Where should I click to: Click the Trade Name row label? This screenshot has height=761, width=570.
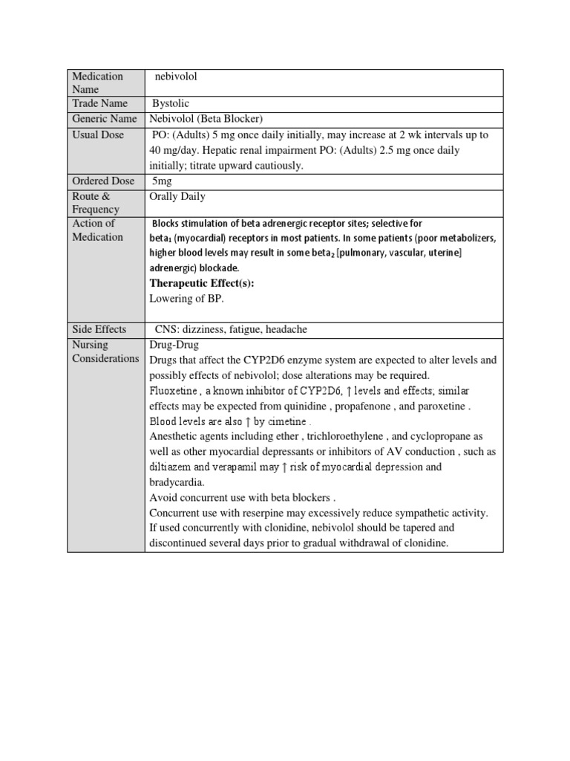tap(99, 103)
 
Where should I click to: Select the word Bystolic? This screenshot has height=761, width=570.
tap(174, 103)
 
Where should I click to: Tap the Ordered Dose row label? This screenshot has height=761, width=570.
tap(103, 181)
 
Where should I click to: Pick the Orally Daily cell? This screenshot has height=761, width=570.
tap(177, 196)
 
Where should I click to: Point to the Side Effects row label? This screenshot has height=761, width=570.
tap(99, 329)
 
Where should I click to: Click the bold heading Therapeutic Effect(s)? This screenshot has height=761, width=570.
tap(197, 283)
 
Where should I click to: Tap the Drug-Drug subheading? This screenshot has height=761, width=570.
tap(174, 345)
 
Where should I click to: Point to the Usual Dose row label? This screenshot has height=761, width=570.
tap(98, 135)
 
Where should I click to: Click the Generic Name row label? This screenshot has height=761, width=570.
tap(105, 119)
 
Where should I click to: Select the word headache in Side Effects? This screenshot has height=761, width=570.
tap(286, 329)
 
